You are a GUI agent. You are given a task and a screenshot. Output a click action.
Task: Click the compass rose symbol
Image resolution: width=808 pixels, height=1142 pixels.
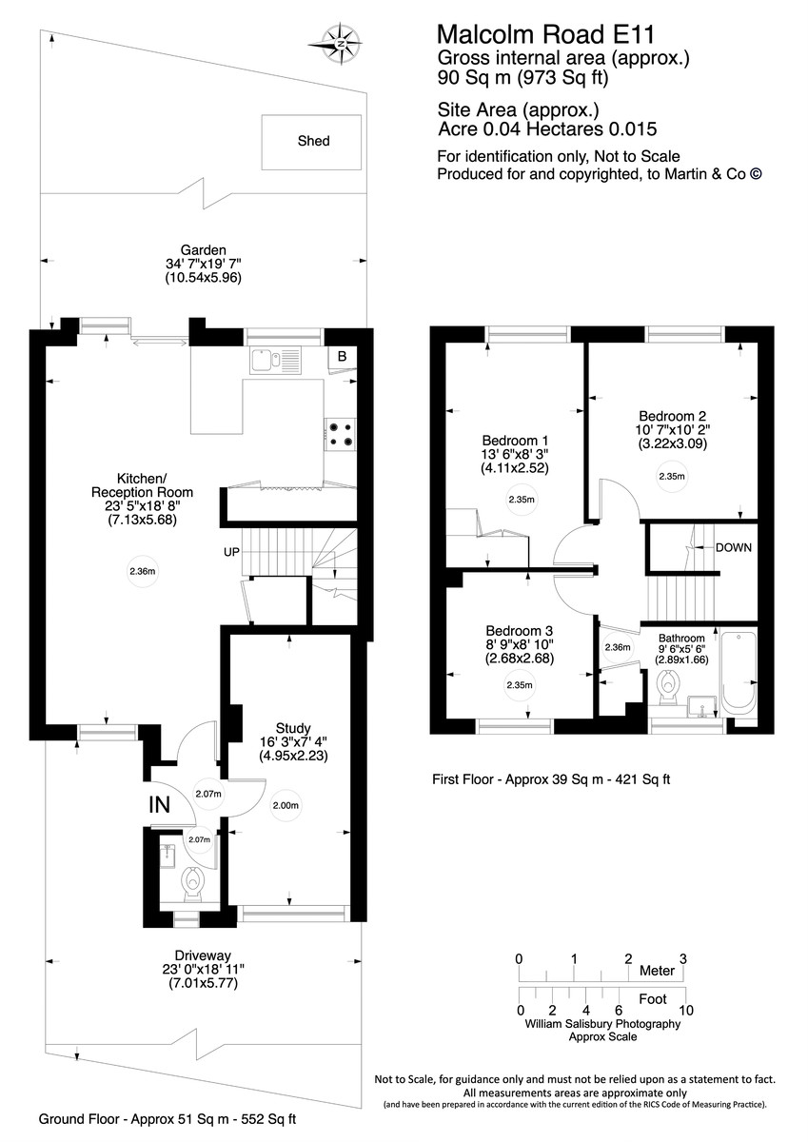coord(340,43)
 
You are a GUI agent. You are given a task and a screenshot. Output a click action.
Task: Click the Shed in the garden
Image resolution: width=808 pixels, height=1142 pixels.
coord(313,142)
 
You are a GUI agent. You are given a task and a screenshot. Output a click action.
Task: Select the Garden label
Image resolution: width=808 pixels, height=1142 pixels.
coord(203,250)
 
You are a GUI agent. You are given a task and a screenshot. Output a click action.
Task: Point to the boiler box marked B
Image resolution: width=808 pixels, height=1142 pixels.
coord(341,357)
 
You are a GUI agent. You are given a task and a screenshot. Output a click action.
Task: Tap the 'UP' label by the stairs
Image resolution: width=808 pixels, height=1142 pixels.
coord(231,551)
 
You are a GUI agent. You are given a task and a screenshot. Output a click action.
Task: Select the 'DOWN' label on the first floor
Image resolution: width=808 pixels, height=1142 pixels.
coord(734,547)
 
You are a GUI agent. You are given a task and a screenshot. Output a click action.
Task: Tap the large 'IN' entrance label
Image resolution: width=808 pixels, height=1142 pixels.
coord(160,804)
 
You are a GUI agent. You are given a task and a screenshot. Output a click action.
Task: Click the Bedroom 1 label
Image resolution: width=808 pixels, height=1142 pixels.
coord(515,441)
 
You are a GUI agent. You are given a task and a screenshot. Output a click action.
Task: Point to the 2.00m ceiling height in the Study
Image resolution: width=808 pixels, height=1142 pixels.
coord(286,805)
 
